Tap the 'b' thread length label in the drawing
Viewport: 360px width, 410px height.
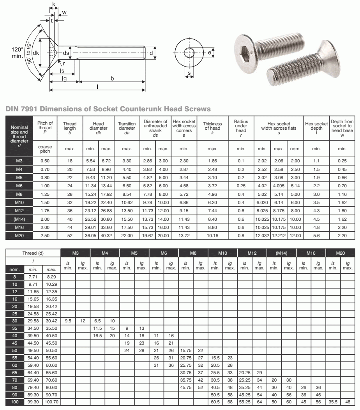click(x=112, y=78)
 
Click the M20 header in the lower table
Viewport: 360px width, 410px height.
click(x=341, y=253)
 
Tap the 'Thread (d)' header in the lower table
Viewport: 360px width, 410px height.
click(x=33, y=253)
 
